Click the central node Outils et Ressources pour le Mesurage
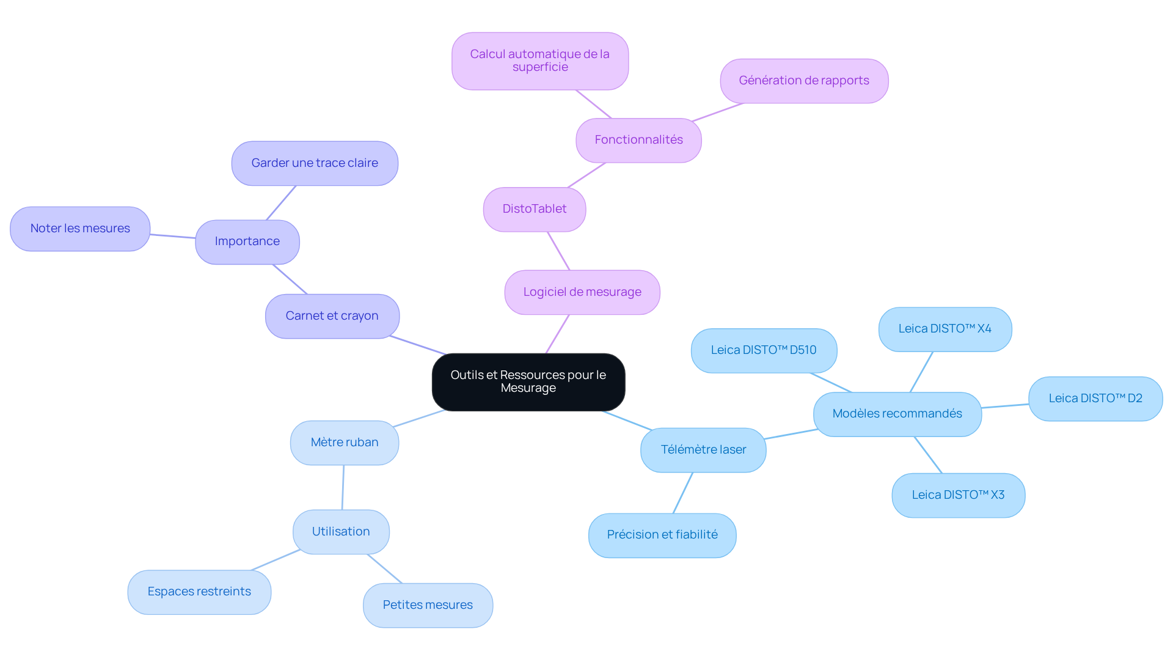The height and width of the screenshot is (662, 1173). click(528, 382)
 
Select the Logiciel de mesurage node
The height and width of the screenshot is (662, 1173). click(582, 292)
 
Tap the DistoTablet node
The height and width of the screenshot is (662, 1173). click(535, 209)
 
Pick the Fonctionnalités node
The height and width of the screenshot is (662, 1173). click(638, 140)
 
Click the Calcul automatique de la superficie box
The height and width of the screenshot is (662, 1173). click(540, 61)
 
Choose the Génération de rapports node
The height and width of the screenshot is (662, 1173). click(804, 81)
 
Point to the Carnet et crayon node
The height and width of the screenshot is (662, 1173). click(332, 316)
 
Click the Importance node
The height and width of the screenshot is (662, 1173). click(247, 241)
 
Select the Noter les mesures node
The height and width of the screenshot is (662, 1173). click(80, 229)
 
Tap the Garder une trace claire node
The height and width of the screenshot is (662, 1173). click(315, 163)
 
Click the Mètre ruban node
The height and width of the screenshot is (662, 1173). click(345, 443)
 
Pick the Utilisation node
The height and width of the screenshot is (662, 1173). click(341, 532)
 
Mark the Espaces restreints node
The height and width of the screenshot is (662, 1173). click(199, 592)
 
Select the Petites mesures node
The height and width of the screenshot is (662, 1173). click(428, 605)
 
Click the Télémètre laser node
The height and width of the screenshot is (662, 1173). click(703, 450)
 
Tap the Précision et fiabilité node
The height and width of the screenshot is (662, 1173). click(662, 535)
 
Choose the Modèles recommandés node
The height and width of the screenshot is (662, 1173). click(897, 414)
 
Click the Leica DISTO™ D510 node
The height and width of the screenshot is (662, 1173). click(764, 350)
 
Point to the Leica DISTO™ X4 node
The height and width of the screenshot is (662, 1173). click(945, 329)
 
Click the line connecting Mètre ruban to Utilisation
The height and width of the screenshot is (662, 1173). click(343, 487)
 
